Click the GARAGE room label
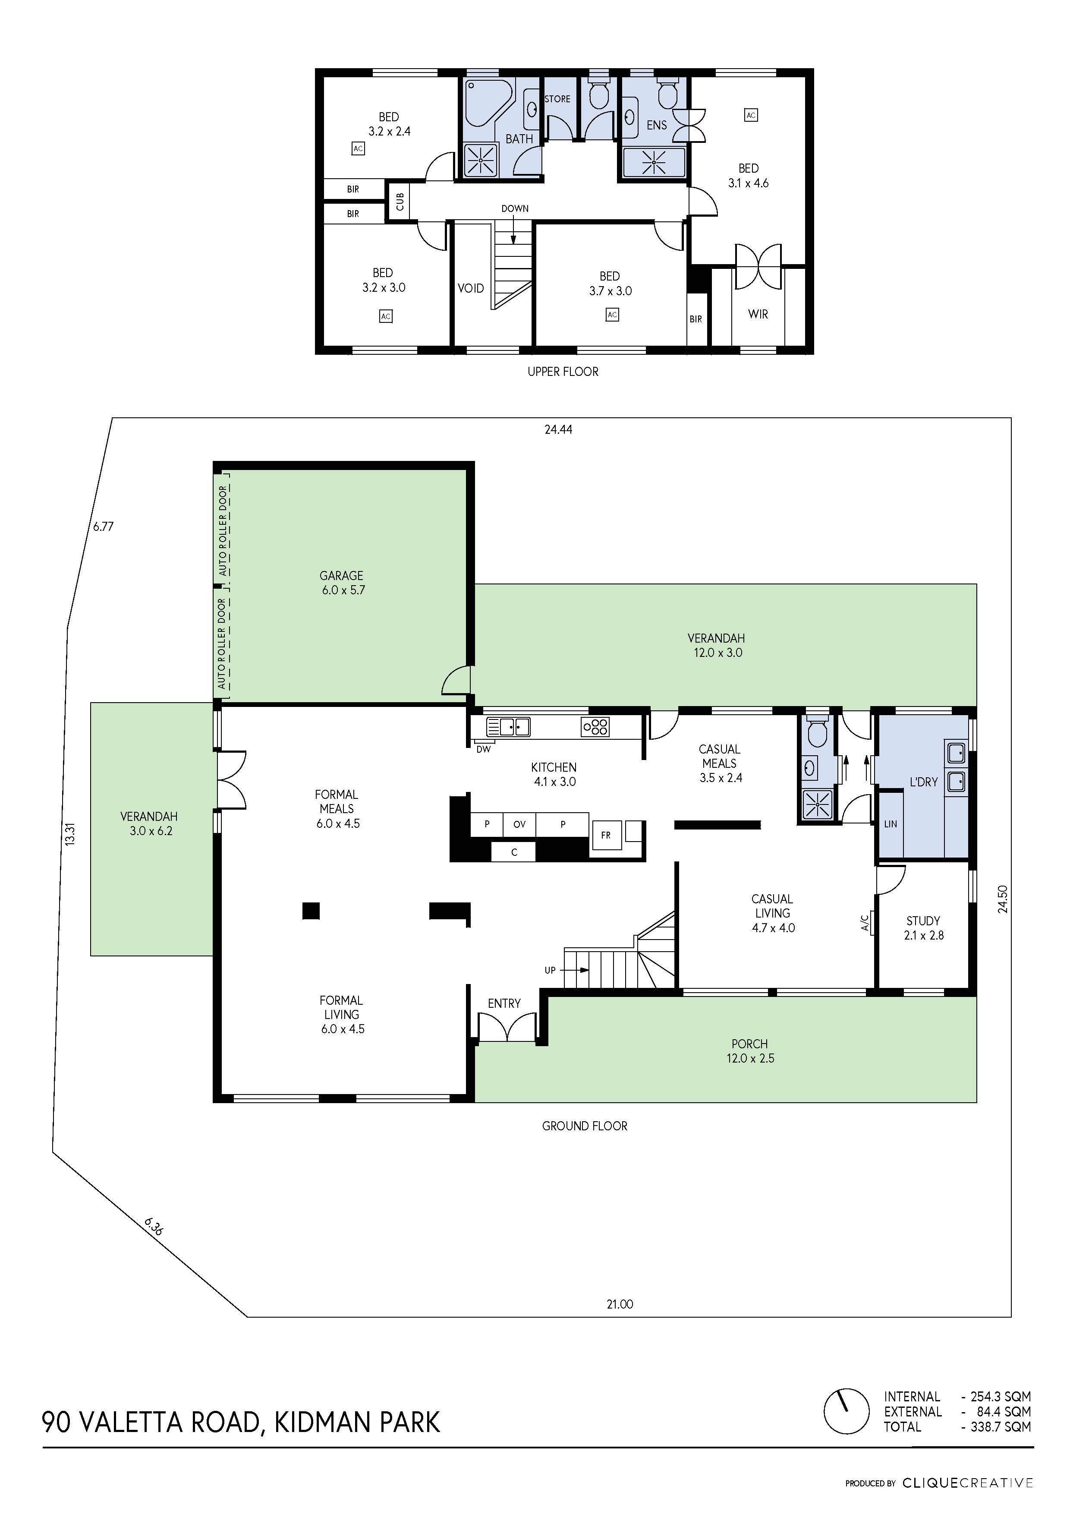tap(342, 576)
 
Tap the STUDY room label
tap(923, 921)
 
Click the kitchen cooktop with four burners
tap(595, 727)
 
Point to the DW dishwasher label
tap(483, 749)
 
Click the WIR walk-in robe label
tap(758, 315)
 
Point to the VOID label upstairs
tap(471, 288)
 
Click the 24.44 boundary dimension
tap(558, 429)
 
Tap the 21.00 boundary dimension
tap(620, 1304)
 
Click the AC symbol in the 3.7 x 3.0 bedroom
tap(612, 315)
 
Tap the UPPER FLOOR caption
tap(563, 372)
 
